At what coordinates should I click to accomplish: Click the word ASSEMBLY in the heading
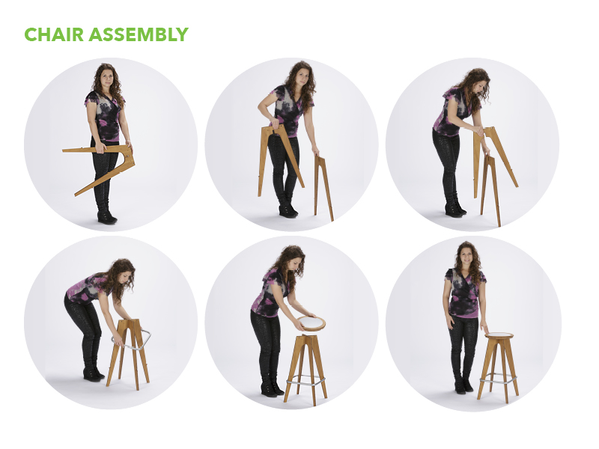[x=139, y=34]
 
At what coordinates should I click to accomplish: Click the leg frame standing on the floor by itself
[x=323, y=188]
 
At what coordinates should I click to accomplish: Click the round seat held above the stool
[x=311, y=323]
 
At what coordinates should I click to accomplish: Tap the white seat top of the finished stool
[x=499, y=335]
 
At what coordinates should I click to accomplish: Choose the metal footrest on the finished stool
[x=498, y=380]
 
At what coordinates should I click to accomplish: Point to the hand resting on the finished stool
[x=484, y=329]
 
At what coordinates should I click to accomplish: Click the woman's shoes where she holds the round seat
[x=272, y=388]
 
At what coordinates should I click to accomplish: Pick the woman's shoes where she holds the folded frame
[x=106, y=217]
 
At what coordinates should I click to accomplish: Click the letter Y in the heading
[x=182, y=34]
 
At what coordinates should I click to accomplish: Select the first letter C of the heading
[x=30, y=34]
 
